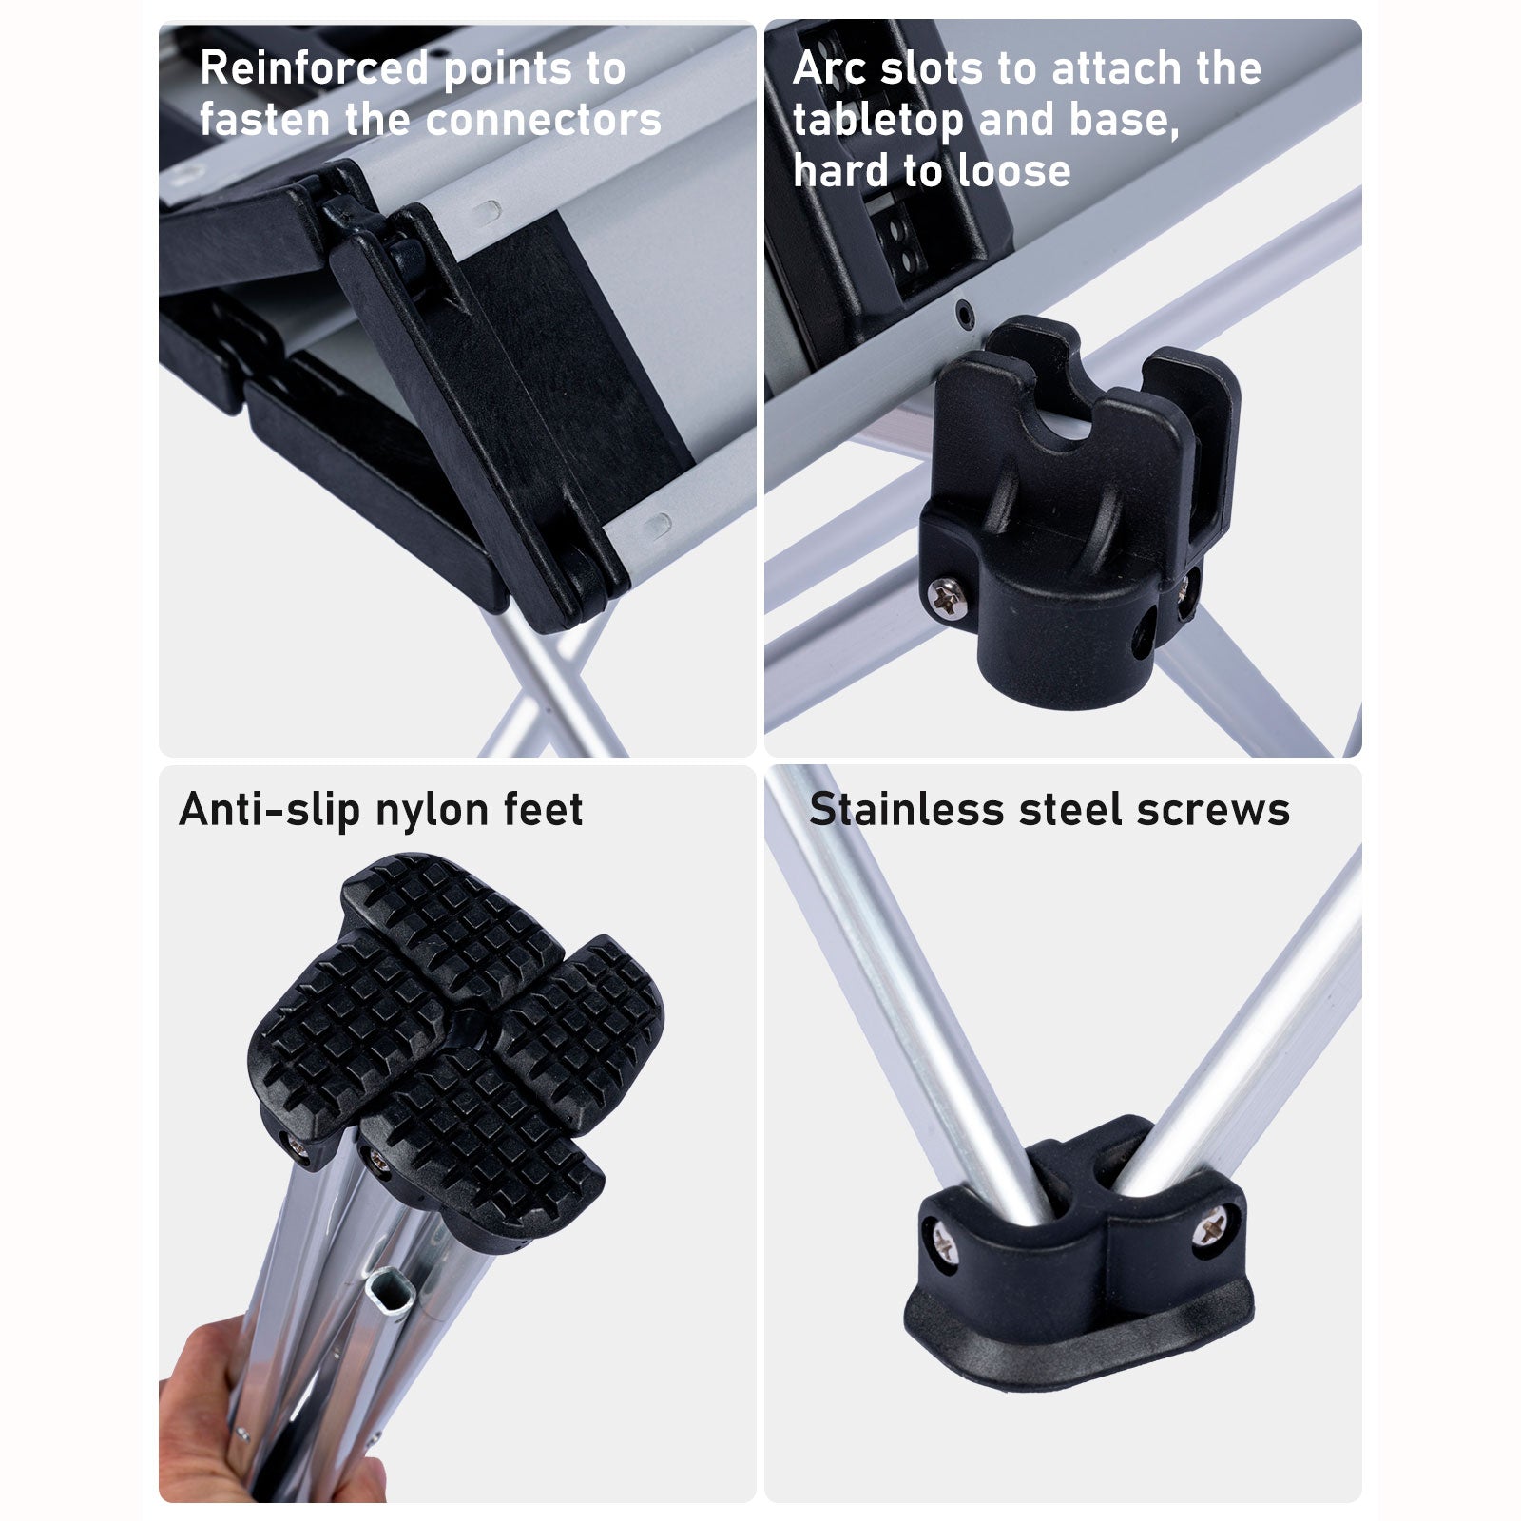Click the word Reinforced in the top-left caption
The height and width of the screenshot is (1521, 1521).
pyautogui.click(x=315, y=69)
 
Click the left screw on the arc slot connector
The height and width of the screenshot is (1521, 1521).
pyautogui.click(x=944, y=597)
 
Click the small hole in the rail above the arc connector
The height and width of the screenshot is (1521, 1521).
pyautogui.click(x=965, y=311)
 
